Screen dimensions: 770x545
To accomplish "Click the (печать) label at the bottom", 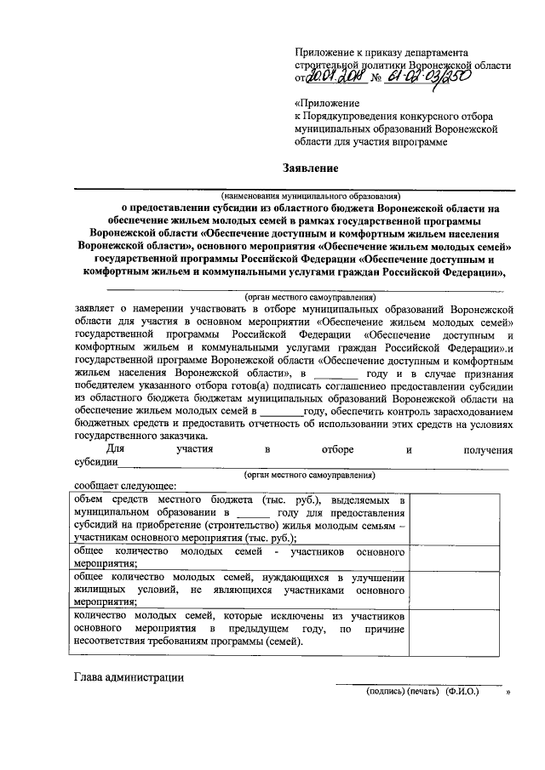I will point(422,693).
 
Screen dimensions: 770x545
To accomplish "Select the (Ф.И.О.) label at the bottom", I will point(462,693).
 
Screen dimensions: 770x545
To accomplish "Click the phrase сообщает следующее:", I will point(118,486).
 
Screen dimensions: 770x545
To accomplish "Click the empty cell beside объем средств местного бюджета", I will point(461,518).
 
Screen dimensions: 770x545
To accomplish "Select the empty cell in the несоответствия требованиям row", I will point(461,629).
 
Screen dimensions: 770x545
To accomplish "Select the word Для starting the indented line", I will point(117,449).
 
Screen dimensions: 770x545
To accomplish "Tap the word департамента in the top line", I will point(433,52).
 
